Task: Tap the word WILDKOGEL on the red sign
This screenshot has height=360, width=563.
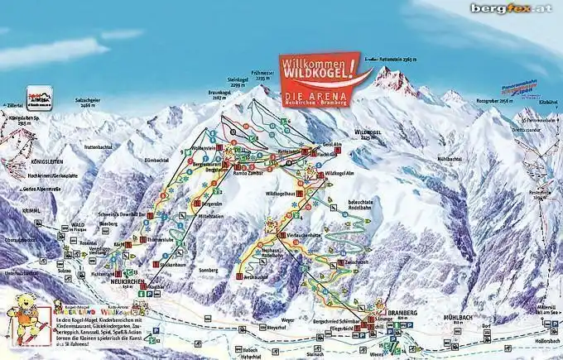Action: pyautogui.click(x=321, y=75)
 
